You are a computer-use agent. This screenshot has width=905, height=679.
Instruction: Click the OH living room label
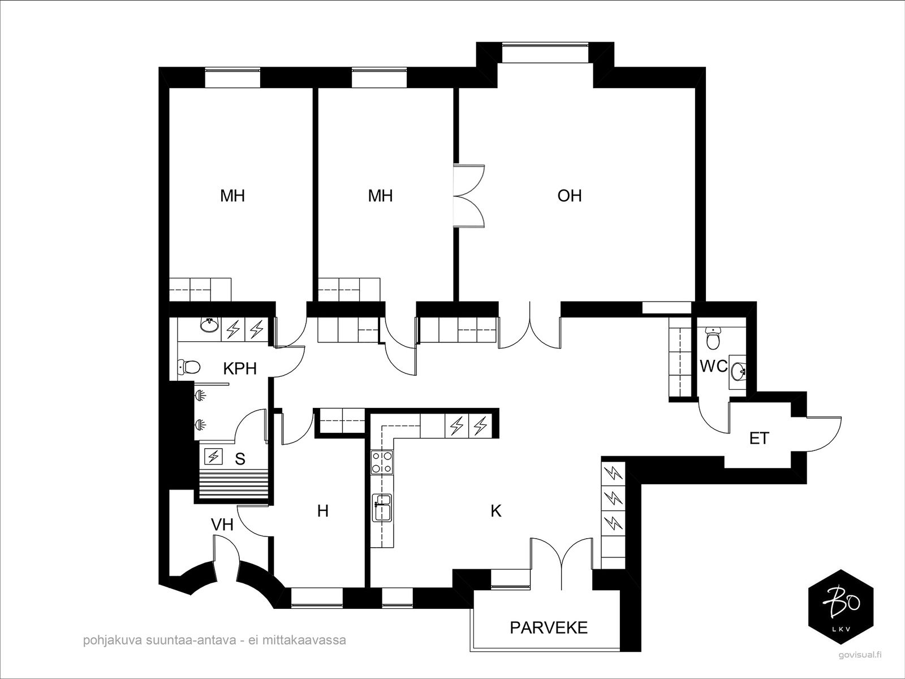(x=570, y=195)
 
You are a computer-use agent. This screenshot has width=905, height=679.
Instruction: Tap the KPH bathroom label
(x=240, y=368)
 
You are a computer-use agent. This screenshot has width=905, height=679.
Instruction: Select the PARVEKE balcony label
(x=548, y=627)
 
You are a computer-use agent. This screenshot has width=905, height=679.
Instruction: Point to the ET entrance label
(x=759, y=438)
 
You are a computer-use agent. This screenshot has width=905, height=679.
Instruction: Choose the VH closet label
(x=222, y=525)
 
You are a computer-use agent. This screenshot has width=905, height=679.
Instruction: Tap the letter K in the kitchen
(x=496, y=511)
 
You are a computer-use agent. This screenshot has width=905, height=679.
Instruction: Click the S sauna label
(x=240, y=459)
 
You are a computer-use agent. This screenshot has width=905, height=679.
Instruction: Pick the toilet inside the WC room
(x=713, y=338)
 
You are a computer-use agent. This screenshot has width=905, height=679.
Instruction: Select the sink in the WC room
(x=738, y=372)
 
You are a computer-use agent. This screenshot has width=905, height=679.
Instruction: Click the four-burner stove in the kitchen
(x=382, y=462)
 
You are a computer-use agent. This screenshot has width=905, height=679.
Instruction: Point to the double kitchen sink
(x=382, y=508)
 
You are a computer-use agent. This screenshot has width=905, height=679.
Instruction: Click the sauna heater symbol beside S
(x=214, y=457)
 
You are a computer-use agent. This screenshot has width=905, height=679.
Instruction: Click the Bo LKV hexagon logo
(x=841, y=607)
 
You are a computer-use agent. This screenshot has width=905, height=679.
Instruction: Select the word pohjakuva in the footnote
(x=113, y=641)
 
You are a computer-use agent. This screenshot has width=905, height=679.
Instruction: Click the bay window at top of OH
(x=545, y=53)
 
